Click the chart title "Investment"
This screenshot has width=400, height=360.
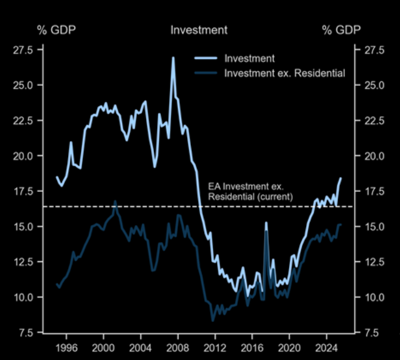pyautogui.click(x=199, y=30)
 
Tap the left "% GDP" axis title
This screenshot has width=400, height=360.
pyautogui.click(x=57, y=30)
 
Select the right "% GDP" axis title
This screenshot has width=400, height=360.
pyautogui.click(x=341, y=30)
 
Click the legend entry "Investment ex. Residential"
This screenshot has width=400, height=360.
pyautogui.click(x=285, y=74)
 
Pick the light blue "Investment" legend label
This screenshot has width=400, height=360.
pyautogui.click(x=249, y=59)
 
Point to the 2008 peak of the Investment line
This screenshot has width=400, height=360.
pyautogui.click(x=173, y=58)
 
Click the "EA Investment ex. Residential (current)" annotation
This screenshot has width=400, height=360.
pyautogui.click(x=251, y=191)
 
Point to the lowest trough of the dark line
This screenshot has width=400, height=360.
pyautogui.click(x=213, y=320)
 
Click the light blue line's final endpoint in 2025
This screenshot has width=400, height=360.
pyautogui.click(x=340, y=178)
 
